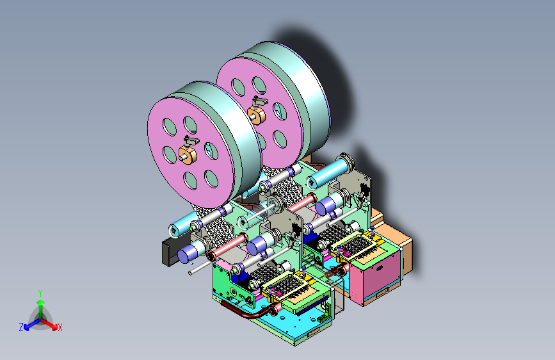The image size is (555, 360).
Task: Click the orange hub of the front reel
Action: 188,155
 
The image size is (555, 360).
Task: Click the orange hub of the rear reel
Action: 256,115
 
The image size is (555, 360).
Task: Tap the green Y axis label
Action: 40,293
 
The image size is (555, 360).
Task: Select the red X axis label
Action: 60,327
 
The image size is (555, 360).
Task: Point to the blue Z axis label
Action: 21,327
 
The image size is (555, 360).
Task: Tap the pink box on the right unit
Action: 375,275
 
